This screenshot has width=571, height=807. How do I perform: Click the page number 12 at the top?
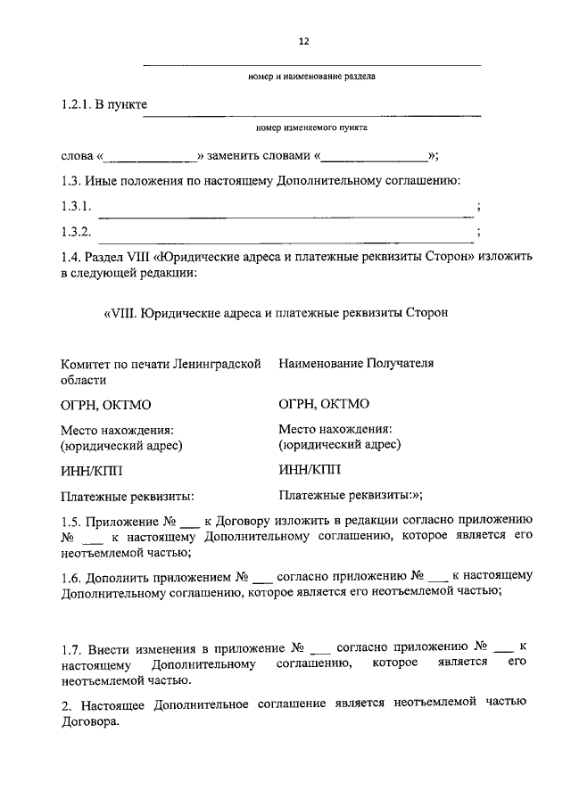(x=302, y=40)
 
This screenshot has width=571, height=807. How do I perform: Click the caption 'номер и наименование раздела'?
(x=311, y=77)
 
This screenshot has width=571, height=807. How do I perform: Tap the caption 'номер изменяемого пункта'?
(x=311, y=128)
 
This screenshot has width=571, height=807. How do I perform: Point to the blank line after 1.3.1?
(x=285, y=208)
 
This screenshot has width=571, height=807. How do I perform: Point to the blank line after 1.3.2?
(x=285, y=234)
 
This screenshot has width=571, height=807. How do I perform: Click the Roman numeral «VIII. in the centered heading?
(x=122, y=313)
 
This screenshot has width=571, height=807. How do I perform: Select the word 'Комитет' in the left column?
(x=88, y=364)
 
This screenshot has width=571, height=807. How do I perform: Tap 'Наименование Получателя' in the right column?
(x=355, y=364)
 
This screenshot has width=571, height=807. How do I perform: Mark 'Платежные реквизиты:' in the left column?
(x=128, y=497)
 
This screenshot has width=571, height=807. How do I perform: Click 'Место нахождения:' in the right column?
(x=335, y=429)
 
